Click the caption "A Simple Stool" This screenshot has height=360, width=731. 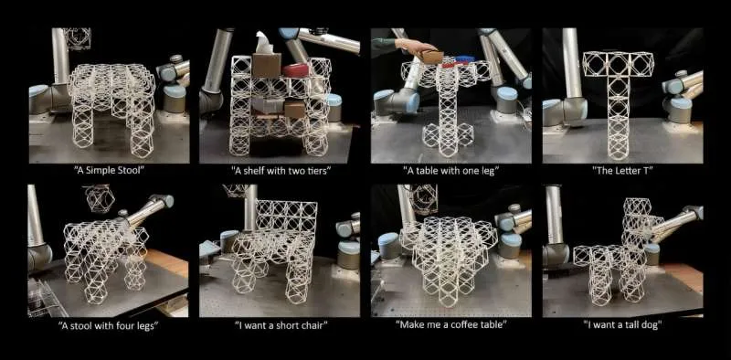click(x=109, y=170)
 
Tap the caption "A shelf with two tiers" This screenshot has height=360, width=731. click(x=280, y=170)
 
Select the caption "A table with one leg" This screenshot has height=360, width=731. click(x=450, y=170)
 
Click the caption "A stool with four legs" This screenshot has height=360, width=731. click(x=109, y=324)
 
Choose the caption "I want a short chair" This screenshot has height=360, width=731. click(x=280, y=324)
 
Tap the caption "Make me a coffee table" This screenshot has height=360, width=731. click(x=450, y=324)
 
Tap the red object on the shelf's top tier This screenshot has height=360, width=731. click(x=297, y=69)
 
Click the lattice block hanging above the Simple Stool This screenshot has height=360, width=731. click(x=79, y=37)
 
